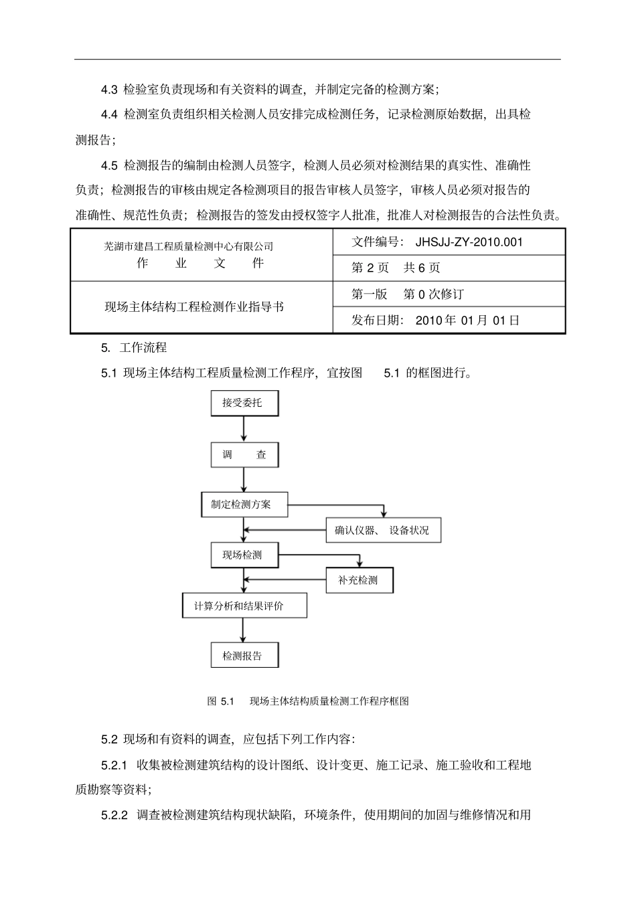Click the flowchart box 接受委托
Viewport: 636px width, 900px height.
[244, 403]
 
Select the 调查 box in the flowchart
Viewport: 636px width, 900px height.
[244, 455]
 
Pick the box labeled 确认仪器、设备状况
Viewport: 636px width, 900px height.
[382, 531]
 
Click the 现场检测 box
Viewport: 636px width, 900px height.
[244, 555]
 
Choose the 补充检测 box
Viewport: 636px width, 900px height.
[359, 580]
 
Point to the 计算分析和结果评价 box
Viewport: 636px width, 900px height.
[244, 606]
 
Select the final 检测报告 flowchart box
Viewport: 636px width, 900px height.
[244, 656]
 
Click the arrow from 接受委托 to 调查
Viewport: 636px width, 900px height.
[244, 429]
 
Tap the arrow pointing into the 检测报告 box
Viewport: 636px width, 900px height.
[244, 630]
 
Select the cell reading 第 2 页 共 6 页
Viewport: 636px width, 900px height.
[396, 268]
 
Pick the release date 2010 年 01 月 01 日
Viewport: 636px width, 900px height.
[467, 320]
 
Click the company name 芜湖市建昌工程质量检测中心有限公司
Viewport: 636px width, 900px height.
[189, 247]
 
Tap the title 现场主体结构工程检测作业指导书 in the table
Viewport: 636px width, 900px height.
[194, 307]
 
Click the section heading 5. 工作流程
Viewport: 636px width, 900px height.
[134, 348]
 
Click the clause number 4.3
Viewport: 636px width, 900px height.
[109, 89]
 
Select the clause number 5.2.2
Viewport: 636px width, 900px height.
[114, 815]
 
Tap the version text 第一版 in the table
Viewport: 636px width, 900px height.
[369, 294]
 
